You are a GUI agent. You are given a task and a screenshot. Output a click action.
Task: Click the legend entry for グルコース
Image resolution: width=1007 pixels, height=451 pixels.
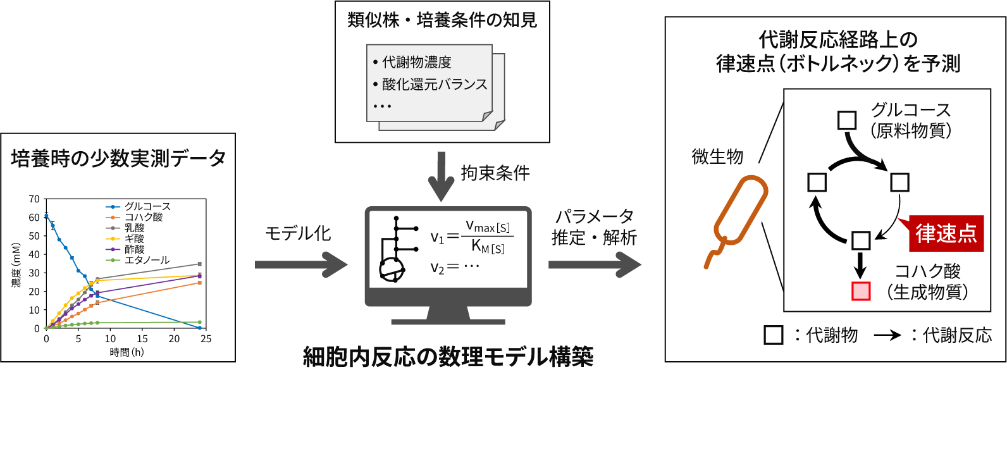point(147,206)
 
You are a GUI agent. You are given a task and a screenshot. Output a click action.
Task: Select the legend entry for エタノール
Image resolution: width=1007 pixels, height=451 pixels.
point(147,260)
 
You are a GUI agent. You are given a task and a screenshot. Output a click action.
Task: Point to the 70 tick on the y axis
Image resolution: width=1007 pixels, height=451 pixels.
point(34,199)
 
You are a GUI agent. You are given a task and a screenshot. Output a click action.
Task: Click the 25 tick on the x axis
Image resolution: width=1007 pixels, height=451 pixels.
point(206,339)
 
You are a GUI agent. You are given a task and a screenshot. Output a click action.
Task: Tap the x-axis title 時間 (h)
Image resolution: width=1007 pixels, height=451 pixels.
point(127,352)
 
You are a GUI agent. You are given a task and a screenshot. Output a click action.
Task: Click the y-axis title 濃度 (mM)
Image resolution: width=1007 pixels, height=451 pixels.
point(16,266)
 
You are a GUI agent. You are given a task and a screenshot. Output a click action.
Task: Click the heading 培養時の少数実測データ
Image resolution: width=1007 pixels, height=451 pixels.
point(118,158)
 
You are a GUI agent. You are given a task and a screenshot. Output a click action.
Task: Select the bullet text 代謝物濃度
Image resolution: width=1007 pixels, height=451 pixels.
point(416,62)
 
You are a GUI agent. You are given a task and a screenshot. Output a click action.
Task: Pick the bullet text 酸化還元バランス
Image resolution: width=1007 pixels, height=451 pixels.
point(435,84)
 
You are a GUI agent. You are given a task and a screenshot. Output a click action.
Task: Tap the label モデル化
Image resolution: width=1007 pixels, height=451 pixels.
point(297,233)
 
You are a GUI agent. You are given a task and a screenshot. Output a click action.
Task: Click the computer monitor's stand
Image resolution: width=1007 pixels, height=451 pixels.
point(448,314)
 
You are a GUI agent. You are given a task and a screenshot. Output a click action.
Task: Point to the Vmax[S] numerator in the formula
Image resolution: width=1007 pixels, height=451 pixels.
point(488,226)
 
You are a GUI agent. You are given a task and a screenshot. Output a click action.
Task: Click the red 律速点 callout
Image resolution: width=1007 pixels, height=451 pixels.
point(945,233)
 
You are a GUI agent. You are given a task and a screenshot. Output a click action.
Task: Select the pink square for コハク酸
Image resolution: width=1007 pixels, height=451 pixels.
point(860,291)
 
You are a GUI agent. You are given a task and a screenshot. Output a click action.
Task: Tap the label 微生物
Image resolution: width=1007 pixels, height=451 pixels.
point(717,156)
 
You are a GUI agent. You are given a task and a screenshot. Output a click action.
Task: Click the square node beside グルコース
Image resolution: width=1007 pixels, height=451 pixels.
point(846,120)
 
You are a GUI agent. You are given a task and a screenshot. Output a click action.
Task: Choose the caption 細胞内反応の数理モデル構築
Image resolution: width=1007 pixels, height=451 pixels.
point(448,357)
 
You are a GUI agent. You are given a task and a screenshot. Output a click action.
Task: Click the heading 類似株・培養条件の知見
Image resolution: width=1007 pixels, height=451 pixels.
point(442,21)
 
